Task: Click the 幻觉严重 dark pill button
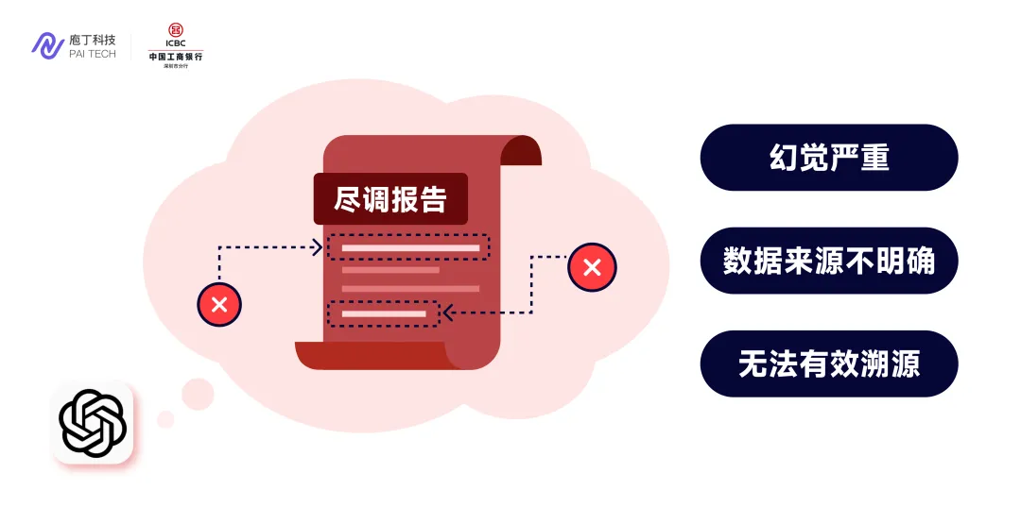pos(828,158)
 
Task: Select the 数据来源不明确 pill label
pos(828,261)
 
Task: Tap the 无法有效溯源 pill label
pos(828,363)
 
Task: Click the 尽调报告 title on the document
pos(390,199)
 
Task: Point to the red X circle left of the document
pos(219,304)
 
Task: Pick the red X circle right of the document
pos(592,267)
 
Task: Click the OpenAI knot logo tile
pos(93,423)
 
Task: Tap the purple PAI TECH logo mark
pos(47,45)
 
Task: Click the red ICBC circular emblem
pos(176,30)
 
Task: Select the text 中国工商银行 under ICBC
pos(176,57)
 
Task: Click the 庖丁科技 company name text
pos(93,40)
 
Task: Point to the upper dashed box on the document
pos(408,247)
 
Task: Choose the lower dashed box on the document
pos(383,313)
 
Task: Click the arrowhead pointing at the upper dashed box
pos(319,247)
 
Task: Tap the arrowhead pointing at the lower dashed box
pos(447,313)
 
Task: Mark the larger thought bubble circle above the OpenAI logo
pos(198,394)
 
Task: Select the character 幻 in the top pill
pos(784,158)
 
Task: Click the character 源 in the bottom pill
pos(905,363)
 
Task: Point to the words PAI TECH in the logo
pos(93,54)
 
